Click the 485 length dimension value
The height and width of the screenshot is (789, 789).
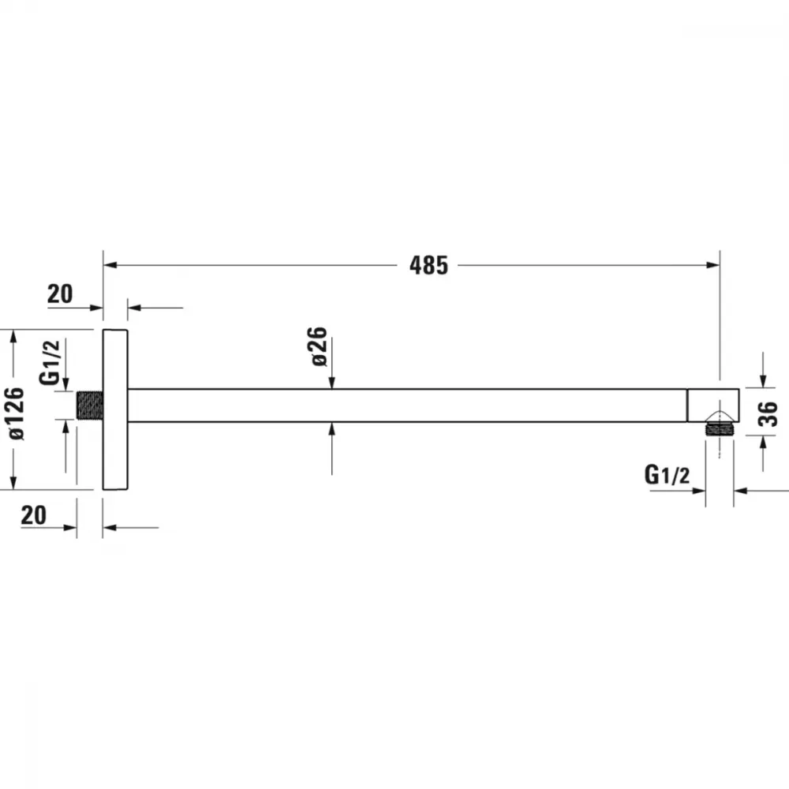428,265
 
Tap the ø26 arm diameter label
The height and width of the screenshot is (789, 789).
319,346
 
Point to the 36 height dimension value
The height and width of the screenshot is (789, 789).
768,413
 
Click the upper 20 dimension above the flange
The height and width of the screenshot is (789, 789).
60,294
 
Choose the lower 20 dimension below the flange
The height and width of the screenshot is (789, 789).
34,515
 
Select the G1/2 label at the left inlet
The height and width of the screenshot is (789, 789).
49,362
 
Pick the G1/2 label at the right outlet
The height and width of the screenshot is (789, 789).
667,474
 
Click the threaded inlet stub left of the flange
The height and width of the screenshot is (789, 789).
90,406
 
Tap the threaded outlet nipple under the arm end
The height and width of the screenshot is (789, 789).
719,428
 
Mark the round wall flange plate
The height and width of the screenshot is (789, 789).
115,409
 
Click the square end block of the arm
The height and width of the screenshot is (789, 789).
713,406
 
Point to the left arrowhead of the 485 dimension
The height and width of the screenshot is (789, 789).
110,265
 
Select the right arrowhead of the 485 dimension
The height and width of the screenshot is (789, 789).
713,265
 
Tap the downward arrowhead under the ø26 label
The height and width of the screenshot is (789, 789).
331,383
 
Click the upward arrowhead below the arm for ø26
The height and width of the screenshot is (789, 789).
331,429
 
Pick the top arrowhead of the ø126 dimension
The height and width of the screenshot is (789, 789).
13,337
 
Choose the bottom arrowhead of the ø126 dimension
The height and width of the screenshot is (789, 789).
13,483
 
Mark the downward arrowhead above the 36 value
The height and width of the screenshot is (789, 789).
763,381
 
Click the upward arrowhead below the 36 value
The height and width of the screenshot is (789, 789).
763,443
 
